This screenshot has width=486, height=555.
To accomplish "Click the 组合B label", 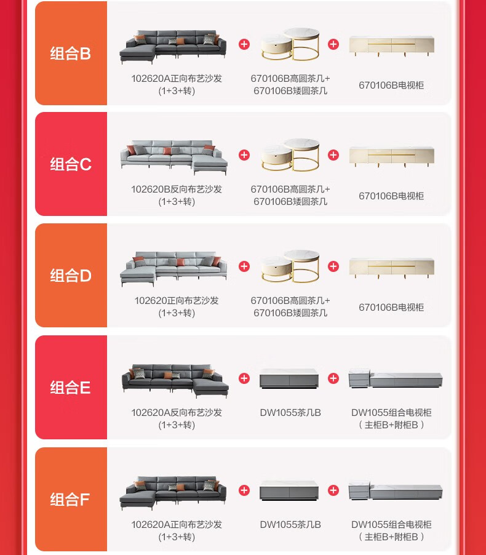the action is point(71,54).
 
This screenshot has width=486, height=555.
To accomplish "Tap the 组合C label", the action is point(71,164).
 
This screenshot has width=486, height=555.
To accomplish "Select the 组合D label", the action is point(71,276).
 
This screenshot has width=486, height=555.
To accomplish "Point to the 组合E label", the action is point(70,387).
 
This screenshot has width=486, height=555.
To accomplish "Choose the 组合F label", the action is point(70,500).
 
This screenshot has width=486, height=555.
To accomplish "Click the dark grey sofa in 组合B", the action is point(173,46).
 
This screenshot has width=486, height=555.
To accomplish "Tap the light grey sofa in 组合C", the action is point(174,157).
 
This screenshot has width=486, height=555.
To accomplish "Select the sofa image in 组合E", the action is point(175,381).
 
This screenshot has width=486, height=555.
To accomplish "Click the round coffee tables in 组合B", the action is point(290,44).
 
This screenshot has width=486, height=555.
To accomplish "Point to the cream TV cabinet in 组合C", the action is point(391,156).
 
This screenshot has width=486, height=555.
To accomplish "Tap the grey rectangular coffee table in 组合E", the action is point(289,379).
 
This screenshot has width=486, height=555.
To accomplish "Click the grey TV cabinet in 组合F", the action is point(396,491).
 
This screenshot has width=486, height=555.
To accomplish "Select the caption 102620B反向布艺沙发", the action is point(177,190).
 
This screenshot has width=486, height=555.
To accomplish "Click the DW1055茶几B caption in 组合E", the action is point(290,413).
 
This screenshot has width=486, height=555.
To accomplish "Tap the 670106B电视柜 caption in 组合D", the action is point(391,307).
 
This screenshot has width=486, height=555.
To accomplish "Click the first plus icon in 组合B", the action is point(244,44).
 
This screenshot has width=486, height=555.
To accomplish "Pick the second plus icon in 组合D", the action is point(333,266).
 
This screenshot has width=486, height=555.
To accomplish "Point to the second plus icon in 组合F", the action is point(333,490).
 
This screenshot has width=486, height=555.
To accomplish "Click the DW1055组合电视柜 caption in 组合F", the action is point(391,525).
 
